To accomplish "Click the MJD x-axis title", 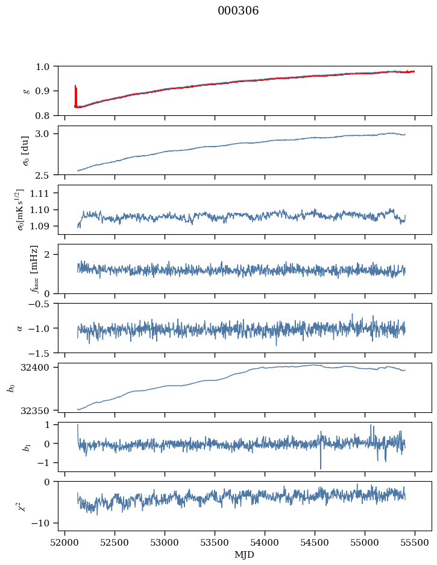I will tap(244, 555).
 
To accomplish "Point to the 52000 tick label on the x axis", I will tap(65, 542).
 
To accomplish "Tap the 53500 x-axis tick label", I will tap(215, 542).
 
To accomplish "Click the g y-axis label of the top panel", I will tap(25, 91).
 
